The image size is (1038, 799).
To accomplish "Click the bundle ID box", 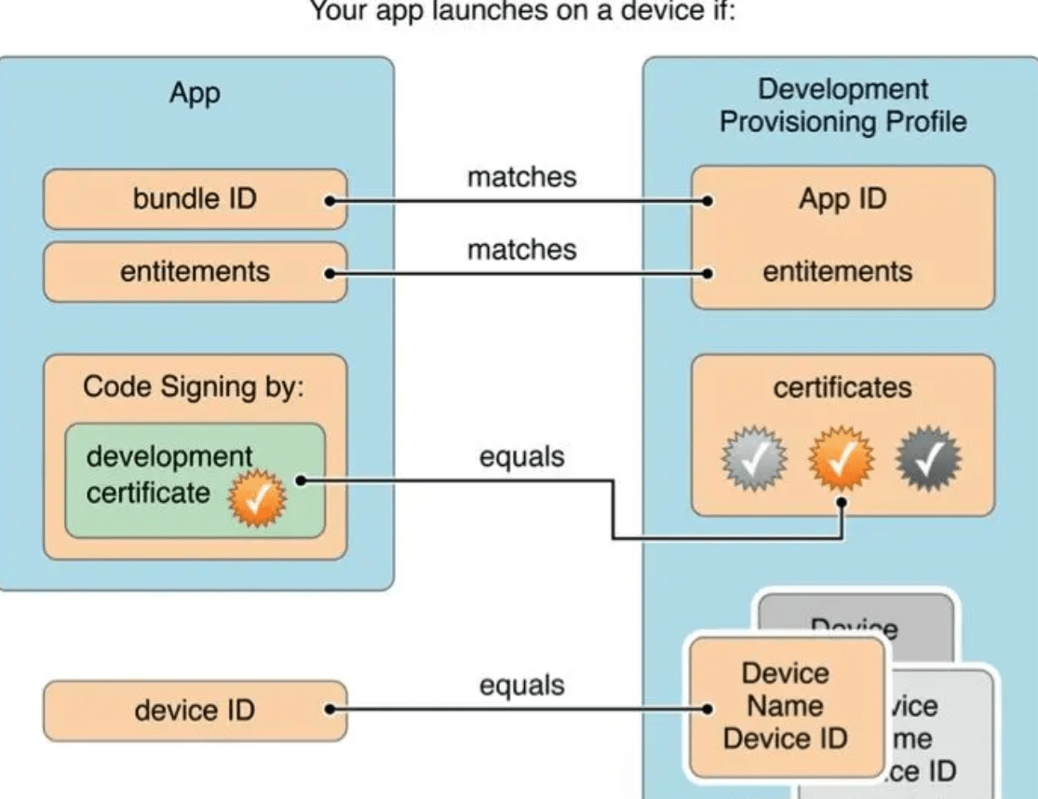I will coord(194,198).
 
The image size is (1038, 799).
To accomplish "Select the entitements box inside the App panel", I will coord(194,272).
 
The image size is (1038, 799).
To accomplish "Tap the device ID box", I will coord(194,711).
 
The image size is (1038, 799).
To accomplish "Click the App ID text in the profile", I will coord(843,199).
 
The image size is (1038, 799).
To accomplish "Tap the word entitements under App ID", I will coord(838,272).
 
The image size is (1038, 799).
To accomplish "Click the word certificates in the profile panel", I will coord(843,387).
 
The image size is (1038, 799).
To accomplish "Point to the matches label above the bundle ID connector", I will coord(521,176).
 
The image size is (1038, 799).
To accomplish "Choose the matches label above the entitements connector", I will coord(521,250).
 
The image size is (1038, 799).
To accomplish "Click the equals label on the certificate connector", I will coord(521,457).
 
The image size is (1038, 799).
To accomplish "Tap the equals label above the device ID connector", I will coord(521,686).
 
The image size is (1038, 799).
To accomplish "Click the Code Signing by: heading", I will coord(194,386).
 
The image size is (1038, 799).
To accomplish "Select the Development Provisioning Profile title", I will coord(843,105).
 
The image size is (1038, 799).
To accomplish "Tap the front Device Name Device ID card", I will coord(785,706).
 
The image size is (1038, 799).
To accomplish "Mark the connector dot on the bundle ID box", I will coord(329,200).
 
